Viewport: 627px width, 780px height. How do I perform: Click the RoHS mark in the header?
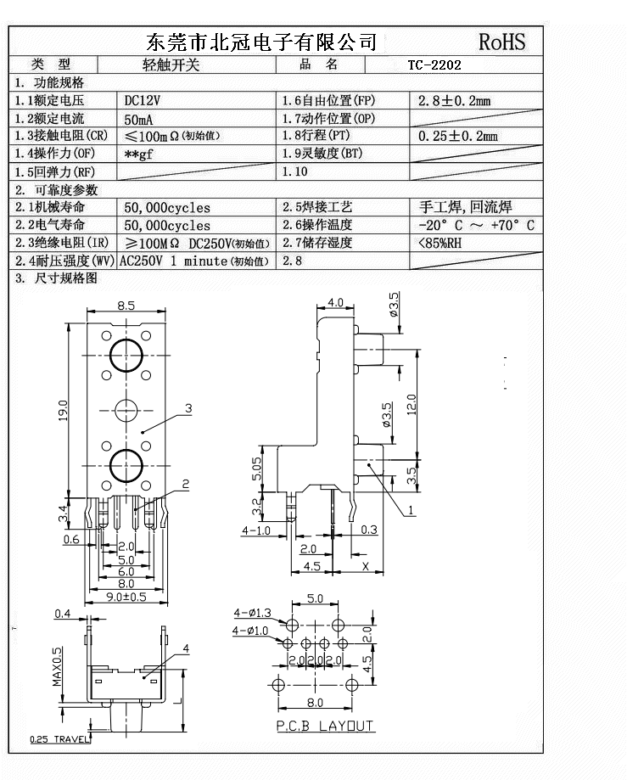click(502, 42)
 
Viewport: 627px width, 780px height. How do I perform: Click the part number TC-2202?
click(434, 65)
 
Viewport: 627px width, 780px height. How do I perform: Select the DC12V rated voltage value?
click(143, 100)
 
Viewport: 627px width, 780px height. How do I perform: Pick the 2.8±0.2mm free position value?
click(455, 101)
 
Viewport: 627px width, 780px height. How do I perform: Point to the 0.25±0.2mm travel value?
click(458, 136)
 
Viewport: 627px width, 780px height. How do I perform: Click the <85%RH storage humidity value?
click(439, 243)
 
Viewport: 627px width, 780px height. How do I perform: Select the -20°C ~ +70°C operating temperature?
click(477, 225)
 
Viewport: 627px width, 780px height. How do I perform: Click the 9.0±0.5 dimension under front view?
click(126, 597)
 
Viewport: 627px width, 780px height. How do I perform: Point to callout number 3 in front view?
click(188, 408)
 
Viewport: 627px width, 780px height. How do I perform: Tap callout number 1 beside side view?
click(410, 511)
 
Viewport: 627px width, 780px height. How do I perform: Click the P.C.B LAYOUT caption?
click(325, 726)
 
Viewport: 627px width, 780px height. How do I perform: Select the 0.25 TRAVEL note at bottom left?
click(59, 739)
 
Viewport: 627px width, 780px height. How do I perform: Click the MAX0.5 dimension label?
click(58, 667)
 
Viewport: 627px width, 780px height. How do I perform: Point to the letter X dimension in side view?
click(366, 566)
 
